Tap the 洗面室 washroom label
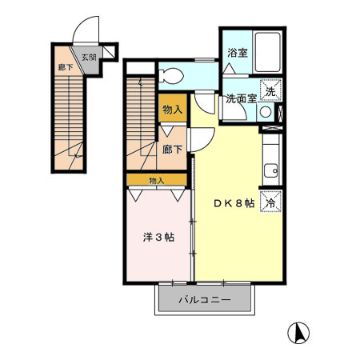[239, 99]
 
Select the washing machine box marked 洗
[271, 91]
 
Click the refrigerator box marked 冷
[271, 203]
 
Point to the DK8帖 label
[234, 203]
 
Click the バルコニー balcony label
[204, 300]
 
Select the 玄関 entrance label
[88, 58]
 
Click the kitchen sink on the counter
[270, 170]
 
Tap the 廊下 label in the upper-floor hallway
[170, 149]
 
